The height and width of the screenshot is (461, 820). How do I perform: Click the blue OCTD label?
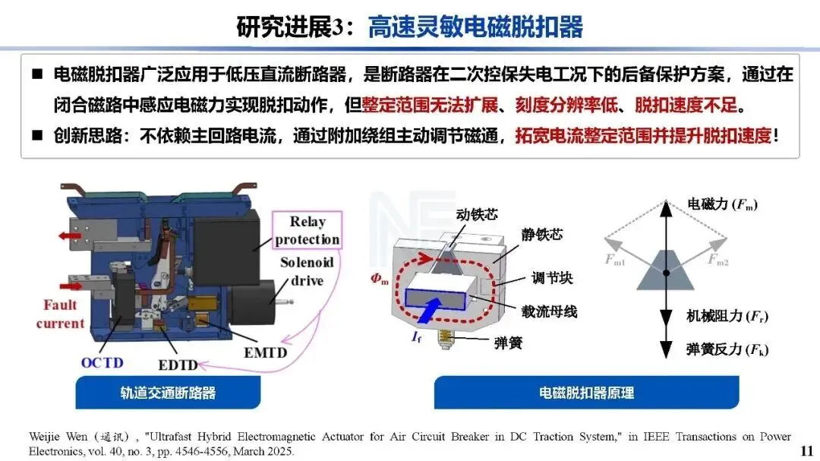coord(102,362)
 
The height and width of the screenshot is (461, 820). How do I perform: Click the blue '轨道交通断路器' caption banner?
coord(168,393)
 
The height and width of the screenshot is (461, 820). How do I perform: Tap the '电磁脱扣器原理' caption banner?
coord(586,393)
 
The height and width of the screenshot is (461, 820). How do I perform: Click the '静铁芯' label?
coord(541,235)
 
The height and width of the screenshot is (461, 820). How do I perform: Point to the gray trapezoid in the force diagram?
coord(666,270)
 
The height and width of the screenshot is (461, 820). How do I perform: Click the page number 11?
coord(806,451)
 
